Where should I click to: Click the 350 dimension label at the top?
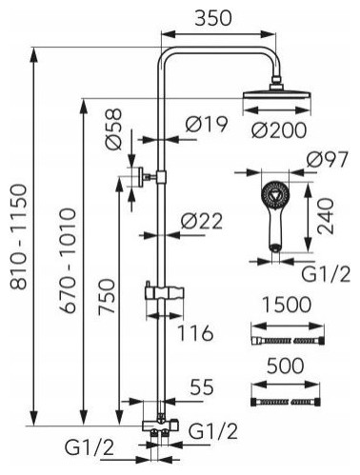click(213, 18)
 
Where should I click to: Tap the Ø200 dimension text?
click(279, 130)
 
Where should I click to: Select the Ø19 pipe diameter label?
click(207, 124)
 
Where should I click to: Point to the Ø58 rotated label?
click(114, 129)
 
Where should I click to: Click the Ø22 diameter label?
click(202, 221)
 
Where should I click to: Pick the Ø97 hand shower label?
click(328, 160)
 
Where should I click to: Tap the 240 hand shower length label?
click(326, 216)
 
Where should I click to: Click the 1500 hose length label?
click(287, 305)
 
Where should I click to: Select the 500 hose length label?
click(285, 366)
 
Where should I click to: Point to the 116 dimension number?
click(194, 333)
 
